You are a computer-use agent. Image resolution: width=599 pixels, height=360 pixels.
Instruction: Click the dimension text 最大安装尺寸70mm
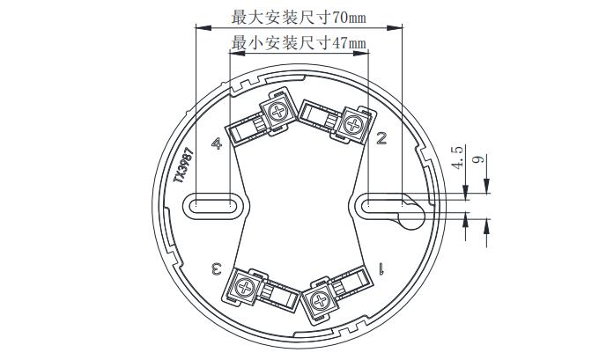[299, 18]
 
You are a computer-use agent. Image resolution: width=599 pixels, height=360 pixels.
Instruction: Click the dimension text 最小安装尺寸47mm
[299, 43]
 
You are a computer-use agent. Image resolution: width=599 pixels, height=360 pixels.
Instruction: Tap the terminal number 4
[217, 143]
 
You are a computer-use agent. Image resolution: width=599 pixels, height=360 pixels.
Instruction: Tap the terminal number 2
[381, 138]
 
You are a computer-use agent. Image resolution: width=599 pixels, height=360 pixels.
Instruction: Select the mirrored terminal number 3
[217, 268]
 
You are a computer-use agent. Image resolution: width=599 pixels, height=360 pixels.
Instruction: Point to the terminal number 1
[381, 268]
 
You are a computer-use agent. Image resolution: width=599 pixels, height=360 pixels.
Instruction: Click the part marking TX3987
[183, 165]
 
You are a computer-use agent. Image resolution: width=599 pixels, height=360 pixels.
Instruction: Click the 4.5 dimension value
[457, 157]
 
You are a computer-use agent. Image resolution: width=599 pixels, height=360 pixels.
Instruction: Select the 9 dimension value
[478, 158]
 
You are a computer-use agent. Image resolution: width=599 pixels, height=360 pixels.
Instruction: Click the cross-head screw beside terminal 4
[277, 112]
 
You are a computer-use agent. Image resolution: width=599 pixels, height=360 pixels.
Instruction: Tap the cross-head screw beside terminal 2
[354, 124]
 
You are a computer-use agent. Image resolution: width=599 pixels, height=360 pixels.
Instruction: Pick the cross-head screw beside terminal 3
[244, 287]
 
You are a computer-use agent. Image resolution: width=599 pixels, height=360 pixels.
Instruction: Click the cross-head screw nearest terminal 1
[320, 300]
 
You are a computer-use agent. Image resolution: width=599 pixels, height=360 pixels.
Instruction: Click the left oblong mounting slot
[213, 206]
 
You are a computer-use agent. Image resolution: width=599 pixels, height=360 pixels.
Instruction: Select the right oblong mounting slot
[386, 206]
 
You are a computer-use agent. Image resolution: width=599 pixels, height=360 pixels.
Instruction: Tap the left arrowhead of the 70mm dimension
[203, 28]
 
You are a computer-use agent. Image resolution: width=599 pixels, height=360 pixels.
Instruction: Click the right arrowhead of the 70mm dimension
[395, 28]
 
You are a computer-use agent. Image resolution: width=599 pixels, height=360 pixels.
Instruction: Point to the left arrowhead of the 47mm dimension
[237, 53]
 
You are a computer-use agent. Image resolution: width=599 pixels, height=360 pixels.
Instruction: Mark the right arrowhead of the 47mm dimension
[361, 53]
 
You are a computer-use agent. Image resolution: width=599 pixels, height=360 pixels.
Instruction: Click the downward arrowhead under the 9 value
[486, 187]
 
